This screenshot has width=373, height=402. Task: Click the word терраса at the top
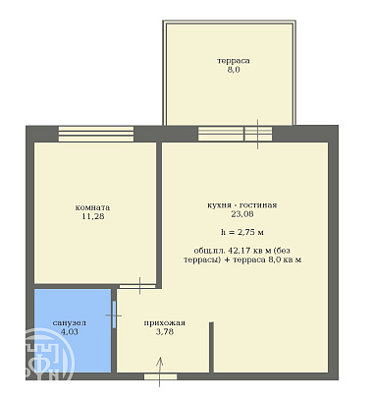click(234, 61)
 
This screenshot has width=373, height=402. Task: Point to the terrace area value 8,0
click(234, 70)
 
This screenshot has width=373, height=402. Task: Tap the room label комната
click(92, 207)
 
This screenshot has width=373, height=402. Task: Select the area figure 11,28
click(93, 216)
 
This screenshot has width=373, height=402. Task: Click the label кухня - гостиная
click(242, 205)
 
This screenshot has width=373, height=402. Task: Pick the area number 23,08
click(242, 214)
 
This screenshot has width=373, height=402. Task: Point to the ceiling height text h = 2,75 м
click(242, 232)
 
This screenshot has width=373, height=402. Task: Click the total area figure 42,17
click(240, 251)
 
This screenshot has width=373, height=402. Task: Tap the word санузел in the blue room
click(70, 322)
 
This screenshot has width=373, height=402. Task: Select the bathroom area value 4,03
click(70, 331)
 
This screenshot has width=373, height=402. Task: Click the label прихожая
click(165, 322)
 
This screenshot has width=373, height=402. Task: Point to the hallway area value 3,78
click(165, 331)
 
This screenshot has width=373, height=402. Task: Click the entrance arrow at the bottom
click(160, 372)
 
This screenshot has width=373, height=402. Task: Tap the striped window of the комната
click(96, 134)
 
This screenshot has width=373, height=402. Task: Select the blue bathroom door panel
click(114, 315)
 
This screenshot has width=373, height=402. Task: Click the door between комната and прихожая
click(137, 286)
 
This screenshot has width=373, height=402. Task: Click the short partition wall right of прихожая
click(211, 347)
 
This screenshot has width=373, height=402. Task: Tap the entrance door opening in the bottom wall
click(161, 376)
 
